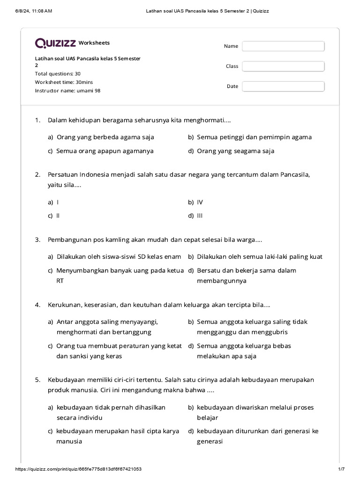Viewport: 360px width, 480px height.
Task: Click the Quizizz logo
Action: pos(55,43)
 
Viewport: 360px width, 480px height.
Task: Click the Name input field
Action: pos(283,46)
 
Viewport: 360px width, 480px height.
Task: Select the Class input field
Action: pos(283,66)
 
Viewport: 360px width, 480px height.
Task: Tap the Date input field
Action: pos(283,86)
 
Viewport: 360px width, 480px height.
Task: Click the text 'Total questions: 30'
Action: pos(58,74)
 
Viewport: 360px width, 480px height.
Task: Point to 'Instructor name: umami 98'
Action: pos(67,90)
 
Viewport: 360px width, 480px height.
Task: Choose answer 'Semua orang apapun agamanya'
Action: pos(105,151)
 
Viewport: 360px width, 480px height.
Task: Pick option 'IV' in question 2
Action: pos(200,202)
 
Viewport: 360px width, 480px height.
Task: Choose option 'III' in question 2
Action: pos(200,216)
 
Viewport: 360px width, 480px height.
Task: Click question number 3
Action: pos(38,240)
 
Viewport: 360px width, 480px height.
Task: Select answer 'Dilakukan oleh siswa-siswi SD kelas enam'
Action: pos(119,256)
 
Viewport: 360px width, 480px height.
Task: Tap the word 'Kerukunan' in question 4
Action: pos(65,305)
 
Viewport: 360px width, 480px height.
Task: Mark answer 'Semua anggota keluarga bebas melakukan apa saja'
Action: pos(244,351)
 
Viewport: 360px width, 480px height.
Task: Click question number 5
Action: pos(38,380)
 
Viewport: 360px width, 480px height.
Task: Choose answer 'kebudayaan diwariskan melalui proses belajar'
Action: pos(255,412)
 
